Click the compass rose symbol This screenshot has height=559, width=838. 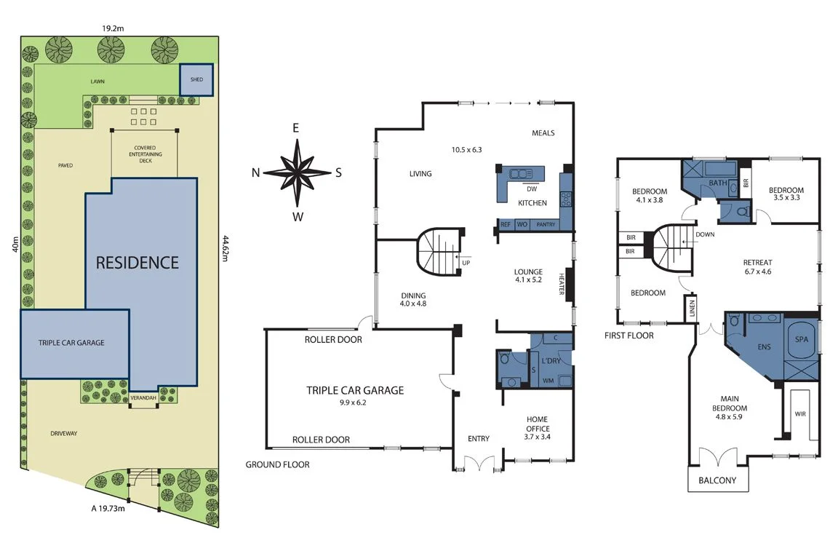tap(297, 173)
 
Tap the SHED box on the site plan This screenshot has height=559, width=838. tap(196, 80)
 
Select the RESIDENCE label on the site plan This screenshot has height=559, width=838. tap(137, 262)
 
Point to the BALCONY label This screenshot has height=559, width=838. tap(717, 480)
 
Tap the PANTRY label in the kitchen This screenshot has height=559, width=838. tap(546, 225)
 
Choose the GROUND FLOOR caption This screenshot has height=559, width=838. tap(277, 464)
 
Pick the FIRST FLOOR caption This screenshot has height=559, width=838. tap(629, 336)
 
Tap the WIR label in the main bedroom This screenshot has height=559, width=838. tap(800, 413)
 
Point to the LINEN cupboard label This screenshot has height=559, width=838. tap(690, 309)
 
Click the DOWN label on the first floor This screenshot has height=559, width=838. tap(705, 234)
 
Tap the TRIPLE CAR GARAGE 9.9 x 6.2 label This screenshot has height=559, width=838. tap(355, 395)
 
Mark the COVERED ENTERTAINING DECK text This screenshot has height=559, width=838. tap(145, 154)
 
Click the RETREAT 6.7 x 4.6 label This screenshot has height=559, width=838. tap(757, 267)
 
